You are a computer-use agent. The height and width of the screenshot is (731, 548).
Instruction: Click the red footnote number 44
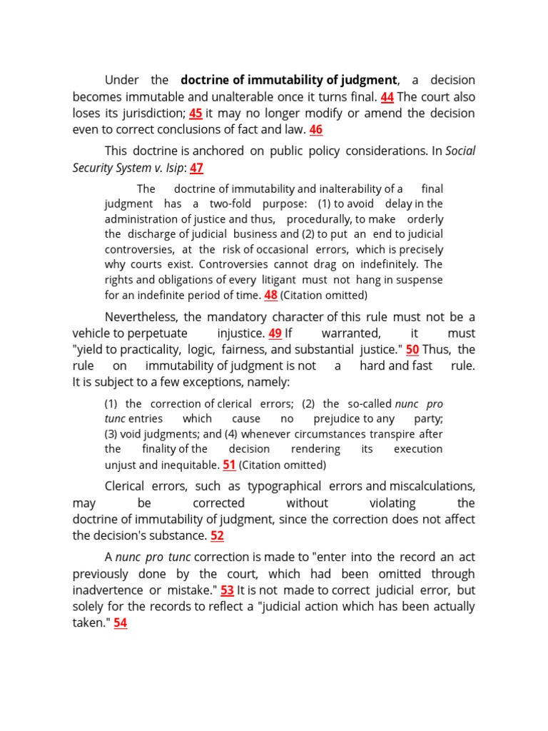click(387, 96)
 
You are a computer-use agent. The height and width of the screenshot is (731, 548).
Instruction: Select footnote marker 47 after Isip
click(196, 168)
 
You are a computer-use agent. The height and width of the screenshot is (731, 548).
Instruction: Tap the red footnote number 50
click(412, 349)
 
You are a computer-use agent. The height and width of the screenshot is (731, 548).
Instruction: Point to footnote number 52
click(217, 535)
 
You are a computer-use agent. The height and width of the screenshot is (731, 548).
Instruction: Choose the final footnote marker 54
click(120, 622)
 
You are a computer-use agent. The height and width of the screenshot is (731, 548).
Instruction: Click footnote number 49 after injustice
click(275, 333)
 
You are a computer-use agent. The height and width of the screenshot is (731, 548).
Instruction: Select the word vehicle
click(93, 333)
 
